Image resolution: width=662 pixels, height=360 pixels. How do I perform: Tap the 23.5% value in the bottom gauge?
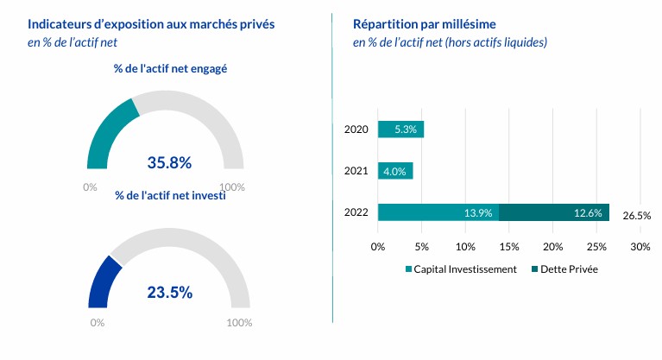point(169,293)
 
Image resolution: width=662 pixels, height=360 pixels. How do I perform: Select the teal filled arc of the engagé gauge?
point(108,134)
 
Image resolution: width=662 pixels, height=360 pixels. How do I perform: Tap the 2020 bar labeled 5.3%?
point(400,129)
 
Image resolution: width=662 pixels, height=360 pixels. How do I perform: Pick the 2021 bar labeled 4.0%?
point(395,171)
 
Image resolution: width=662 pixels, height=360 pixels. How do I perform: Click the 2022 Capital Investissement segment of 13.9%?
point(438,212)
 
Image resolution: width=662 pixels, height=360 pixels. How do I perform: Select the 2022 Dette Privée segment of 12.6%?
point(554,212)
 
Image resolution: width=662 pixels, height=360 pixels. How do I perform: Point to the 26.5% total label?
point(636,216)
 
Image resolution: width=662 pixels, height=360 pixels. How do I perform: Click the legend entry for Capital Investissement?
point(460,269)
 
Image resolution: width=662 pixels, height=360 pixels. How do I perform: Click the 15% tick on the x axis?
point(508,247)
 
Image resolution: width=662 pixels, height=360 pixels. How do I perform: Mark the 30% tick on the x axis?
point(640,247)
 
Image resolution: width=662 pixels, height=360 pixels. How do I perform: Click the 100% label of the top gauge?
point(232,186)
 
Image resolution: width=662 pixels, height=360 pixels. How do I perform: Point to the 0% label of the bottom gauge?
point(97,323)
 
